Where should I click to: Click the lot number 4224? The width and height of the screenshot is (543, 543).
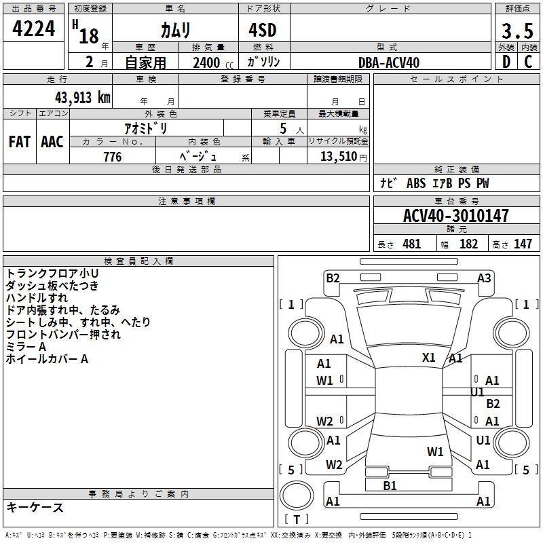coord(34,29)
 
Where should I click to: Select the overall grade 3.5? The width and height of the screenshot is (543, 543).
coord(517,31)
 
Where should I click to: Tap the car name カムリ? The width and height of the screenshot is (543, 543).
coord(174,31)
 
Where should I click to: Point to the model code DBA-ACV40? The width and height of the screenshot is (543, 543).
coord(389,62)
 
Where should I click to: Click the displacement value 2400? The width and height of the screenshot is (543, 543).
coord(206,62)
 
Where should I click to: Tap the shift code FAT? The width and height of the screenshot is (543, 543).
coord(19,141)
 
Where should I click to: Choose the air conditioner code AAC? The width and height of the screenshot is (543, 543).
coord(52,141)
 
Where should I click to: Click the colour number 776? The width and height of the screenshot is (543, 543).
coord(113,157)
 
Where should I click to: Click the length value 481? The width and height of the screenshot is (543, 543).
coord(411,244)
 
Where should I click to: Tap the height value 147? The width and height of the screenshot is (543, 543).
coord(523,244)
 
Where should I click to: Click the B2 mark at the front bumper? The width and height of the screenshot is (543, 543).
coord(333,278)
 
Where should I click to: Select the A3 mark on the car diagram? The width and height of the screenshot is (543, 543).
coord(484,278)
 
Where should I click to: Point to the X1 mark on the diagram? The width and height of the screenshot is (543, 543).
coord(429,357)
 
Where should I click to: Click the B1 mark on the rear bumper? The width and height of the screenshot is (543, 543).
coord(390,485)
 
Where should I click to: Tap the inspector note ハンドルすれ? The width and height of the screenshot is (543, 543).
coord(37,297)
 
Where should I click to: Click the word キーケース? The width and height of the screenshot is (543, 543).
coord(35,507)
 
